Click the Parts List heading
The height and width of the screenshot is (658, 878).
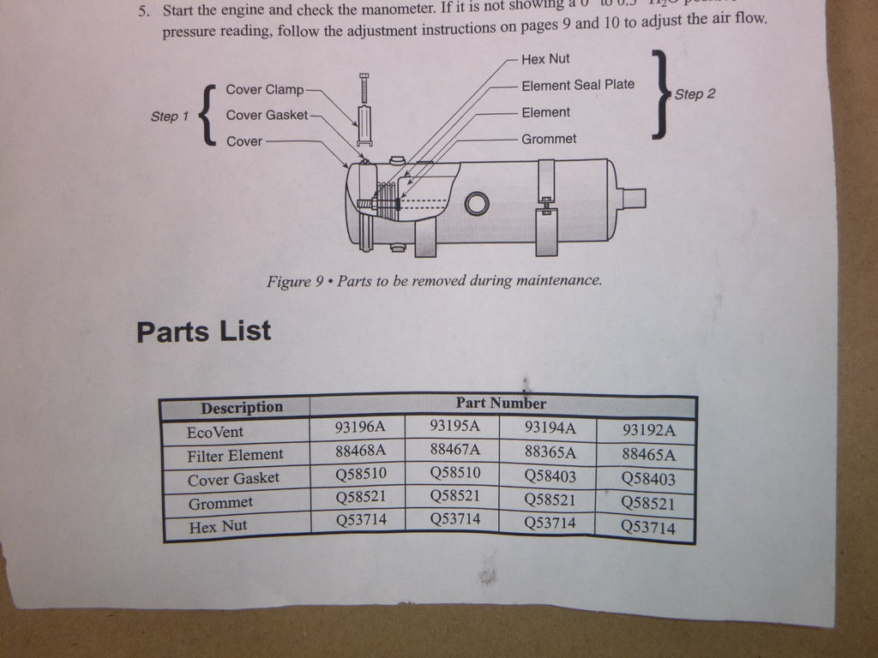tap(203, 331)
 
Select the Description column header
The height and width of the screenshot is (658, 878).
tap(241, 408)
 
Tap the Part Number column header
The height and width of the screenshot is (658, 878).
tap(501, 403)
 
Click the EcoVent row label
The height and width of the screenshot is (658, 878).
tap(214, 432)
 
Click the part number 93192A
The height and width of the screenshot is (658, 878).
tap(648, 430)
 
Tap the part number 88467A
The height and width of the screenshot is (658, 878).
tap(454, 449)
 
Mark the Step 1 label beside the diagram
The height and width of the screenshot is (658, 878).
tap(165, 117)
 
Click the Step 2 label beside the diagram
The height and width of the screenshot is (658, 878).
tap(695, 94)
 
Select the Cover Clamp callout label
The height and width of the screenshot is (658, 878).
tap(265, 89)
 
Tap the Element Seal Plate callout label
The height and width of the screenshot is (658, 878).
tap(578, 85)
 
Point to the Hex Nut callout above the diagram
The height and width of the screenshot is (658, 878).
tap(545, 59)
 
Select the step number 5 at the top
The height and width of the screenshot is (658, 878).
tap(144, 12)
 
